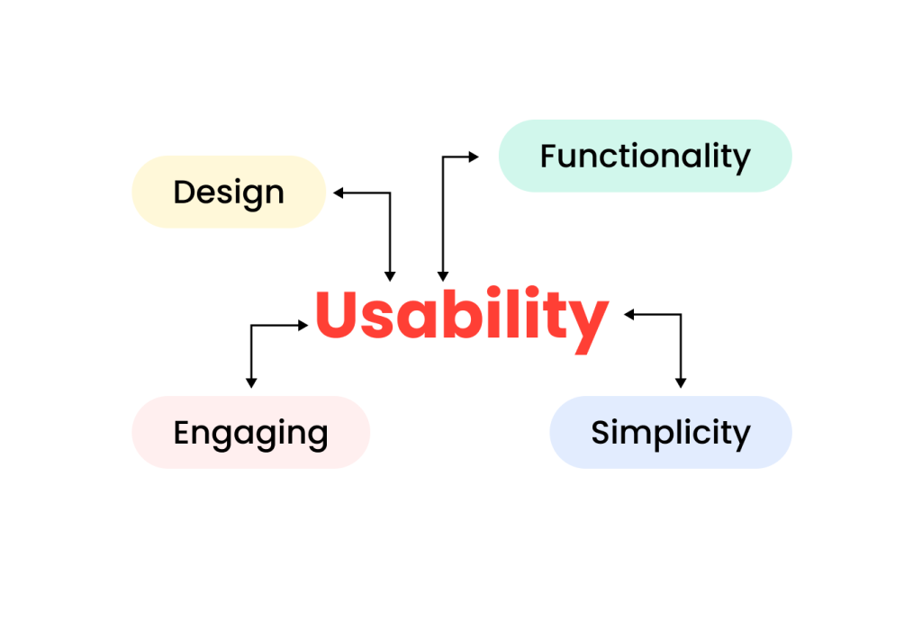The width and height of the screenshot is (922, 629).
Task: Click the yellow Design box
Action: click(229, 192)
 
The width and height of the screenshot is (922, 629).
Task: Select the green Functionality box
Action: click(645, 156)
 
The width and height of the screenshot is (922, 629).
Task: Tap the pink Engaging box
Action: click(250, 432)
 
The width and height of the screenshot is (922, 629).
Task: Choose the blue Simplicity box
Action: click(671, 432)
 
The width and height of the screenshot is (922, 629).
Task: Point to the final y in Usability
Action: click(590, 322)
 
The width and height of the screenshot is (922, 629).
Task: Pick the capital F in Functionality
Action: click(549, 156)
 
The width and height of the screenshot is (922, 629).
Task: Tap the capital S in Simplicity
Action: click(601, 433)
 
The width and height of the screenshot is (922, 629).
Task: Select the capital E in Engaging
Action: click(183, 433)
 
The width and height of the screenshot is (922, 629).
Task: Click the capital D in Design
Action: click(184, 192)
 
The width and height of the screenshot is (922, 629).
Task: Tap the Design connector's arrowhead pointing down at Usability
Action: click(390, 275)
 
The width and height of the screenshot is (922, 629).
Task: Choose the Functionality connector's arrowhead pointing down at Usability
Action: click(441, 275)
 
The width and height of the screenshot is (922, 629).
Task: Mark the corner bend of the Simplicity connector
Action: click(681, 314)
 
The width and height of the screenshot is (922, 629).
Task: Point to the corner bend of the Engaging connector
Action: click(250, 325)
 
